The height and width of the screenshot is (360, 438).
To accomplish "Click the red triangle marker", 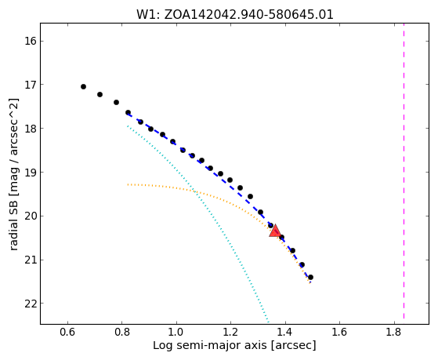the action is (x=275, y=231).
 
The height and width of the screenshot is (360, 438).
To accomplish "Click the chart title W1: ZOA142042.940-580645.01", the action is (x=234, y=15).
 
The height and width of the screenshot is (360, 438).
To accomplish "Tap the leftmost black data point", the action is (x=83, y=87).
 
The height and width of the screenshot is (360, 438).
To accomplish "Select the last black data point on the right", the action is (x=310, y=277).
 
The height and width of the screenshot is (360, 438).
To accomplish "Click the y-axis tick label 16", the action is (x=31, y=41).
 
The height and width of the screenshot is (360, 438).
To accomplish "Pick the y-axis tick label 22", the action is (x=31, y=304).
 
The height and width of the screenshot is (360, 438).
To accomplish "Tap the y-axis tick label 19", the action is (x=31, y=173).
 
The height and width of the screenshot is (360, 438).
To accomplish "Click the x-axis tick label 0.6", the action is (x=67, y=333).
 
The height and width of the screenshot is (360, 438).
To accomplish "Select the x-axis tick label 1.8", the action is (x=394, y=333).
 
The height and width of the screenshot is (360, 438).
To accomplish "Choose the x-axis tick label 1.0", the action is (x=176, y=333).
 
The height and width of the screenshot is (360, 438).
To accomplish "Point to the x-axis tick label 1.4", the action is (x=285, y=333).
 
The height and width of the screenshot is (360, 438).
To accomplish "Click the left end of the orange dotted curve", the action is (x=128, y=184).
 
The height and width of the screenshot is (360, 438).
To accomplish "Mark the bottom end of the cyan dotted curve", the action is (x=268, y=322).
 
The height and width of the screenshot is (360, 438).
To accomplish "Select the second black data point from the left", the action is (x=100, y=95).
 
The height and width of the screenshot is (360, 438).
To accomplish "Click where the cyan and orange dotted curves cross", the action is (x=194, y=191).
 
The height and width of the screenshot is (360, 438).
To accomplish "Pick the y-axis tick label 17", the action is (x=31, y=85).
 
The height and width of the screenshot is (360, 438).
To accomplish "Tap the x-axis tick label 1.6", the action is (x=340, y=333).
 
